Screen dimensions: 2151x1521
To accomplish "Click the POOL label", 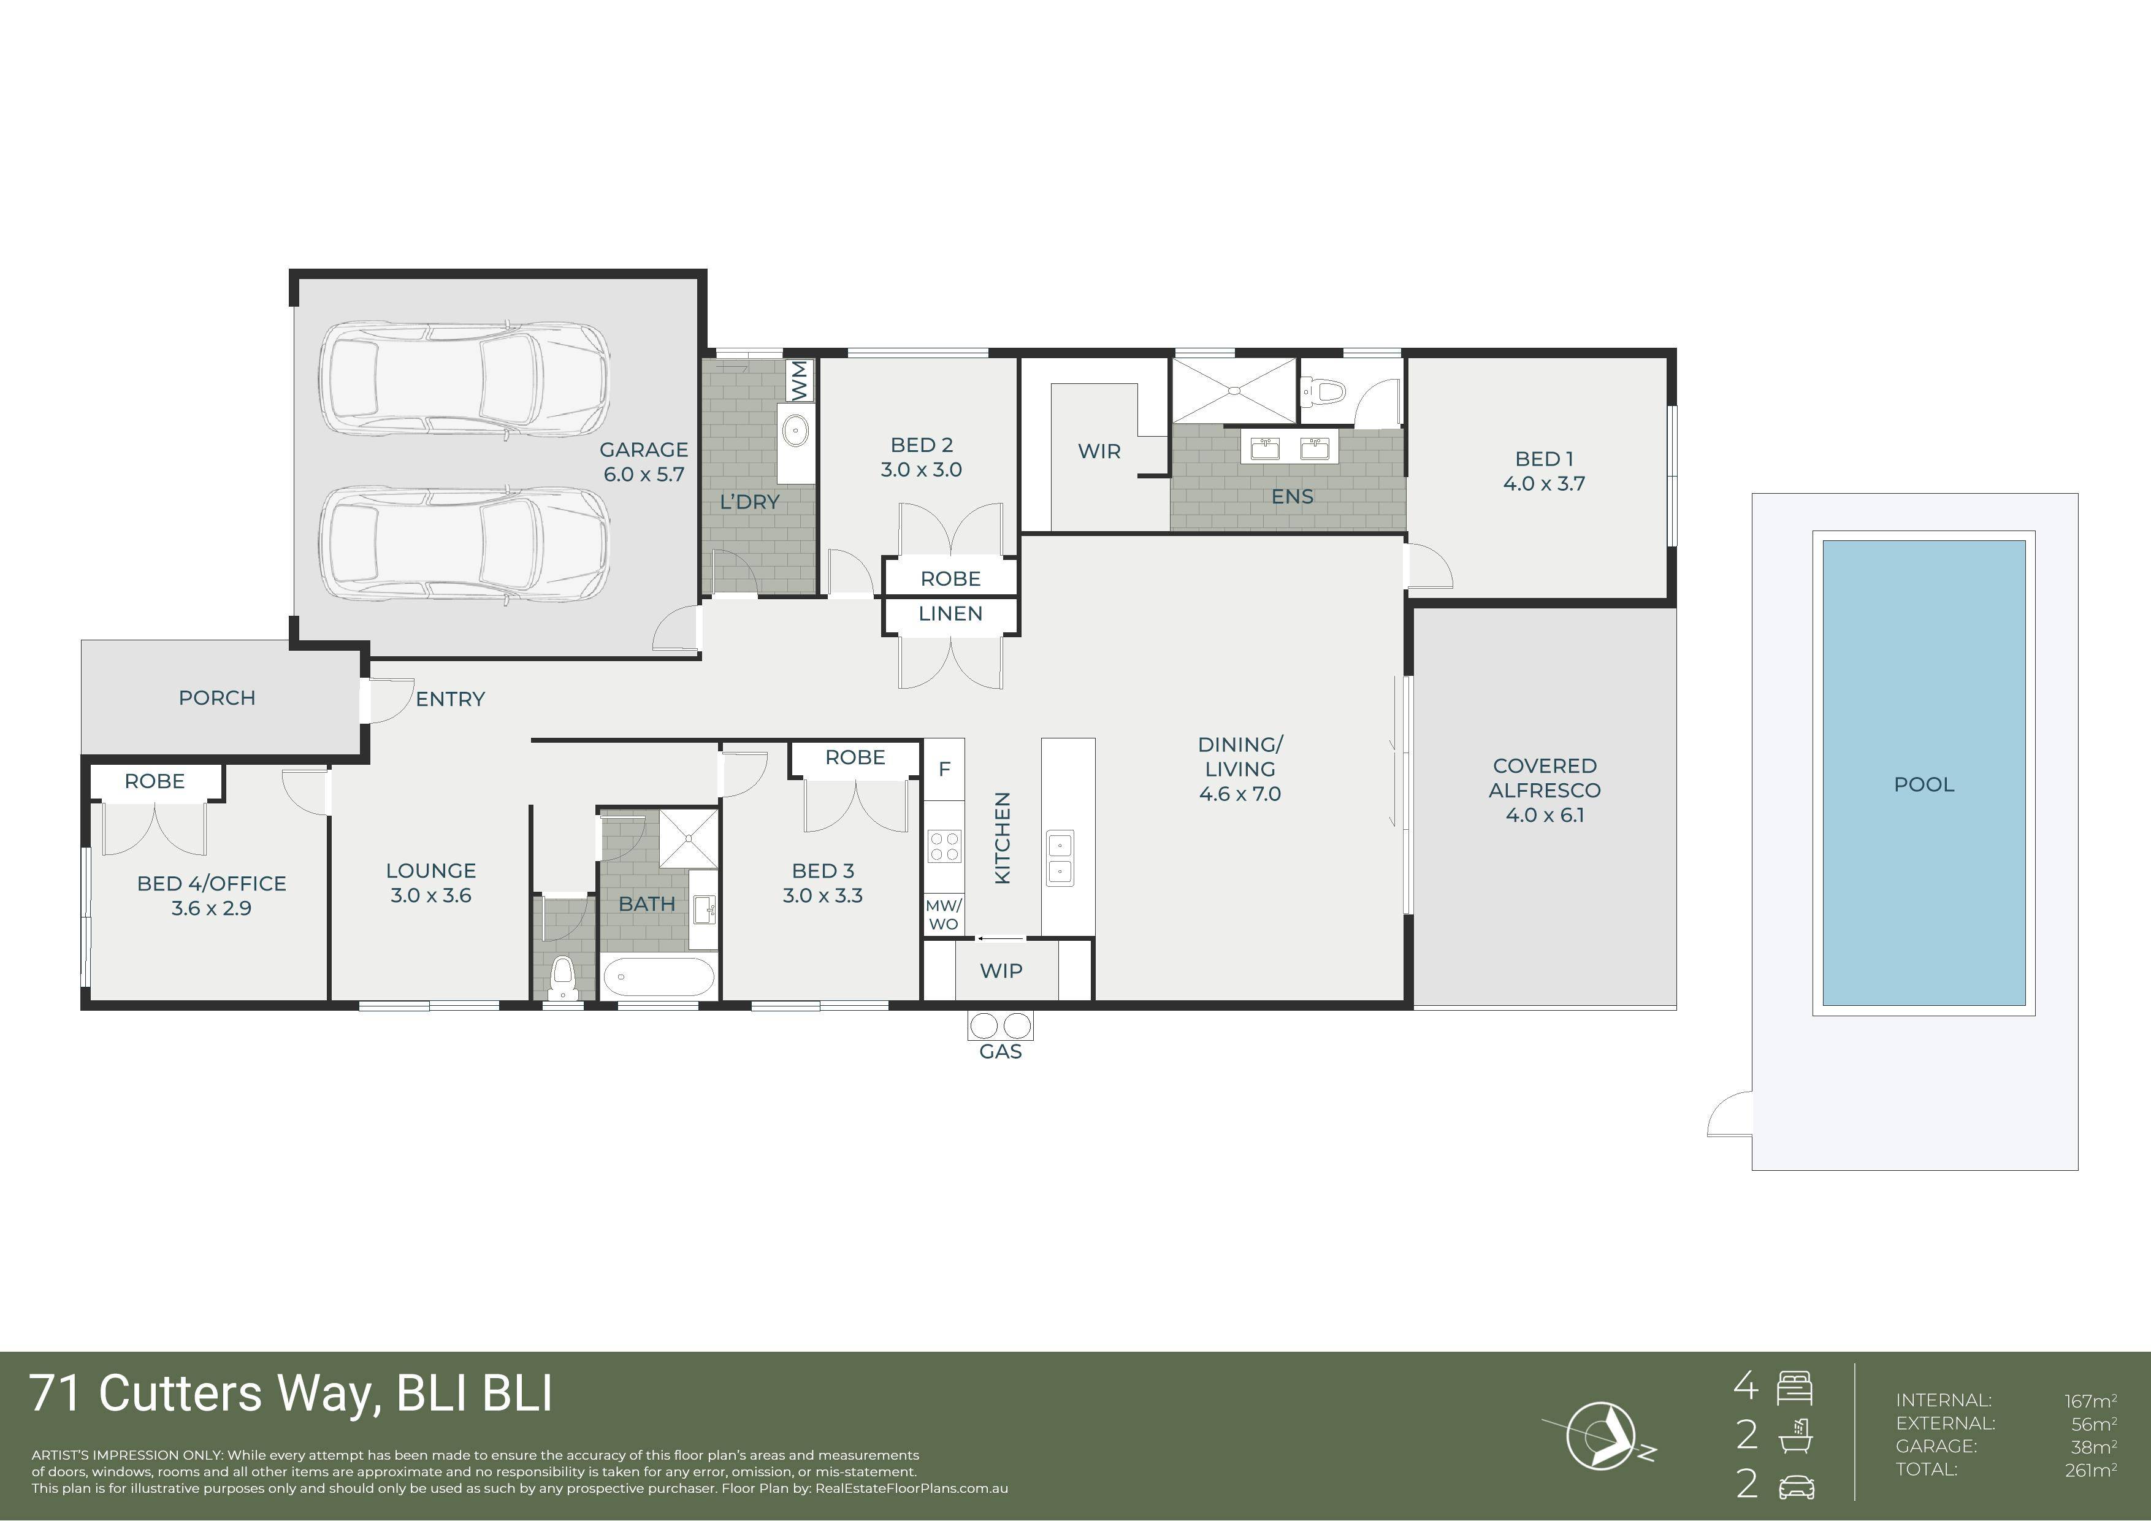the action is click(x=1924, y=785).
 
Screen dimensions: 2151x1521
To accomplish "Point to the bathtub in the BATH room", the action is click(x=658, y=978).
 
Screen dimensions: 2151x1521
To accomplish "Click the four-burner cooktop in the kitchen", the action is click(x=944, y=846).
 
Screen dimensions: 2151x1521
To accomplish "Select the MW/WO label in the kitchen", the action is click(x=944, y=914).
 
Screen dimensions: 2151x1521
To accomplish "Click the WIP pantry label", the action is click(x=1001, y=971).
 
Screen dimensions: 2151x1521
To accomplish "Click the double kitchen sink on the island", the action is click(x=1060, y=857).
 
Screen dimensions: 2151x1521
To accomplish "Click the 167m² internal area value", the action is click(x=2090, y=1401).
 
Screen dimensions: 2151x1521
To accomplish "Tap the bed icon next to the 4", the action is click(x=1794, y=1388).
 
